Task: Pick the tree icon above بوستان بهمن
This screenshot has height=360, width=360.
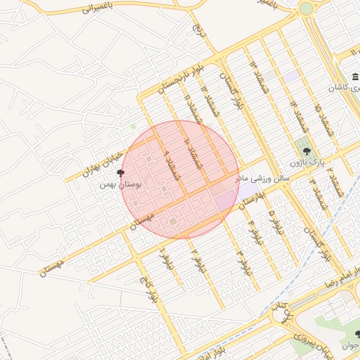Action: (x=120, y=173)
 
